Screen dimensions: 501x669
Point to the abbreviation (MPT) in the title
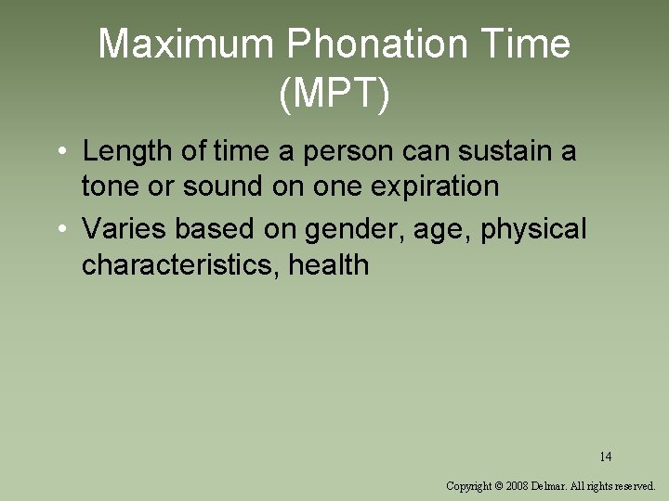click(x=334, y=95)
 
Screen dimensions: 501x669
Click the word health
click(x=329, y=264)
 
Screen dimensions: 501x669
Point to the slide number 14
click(x=605, y=456)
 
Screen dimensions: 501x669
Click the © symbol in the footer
click(x=499, y=485)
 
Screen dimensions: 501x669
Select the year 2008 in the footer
click(x=517, y=485)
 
